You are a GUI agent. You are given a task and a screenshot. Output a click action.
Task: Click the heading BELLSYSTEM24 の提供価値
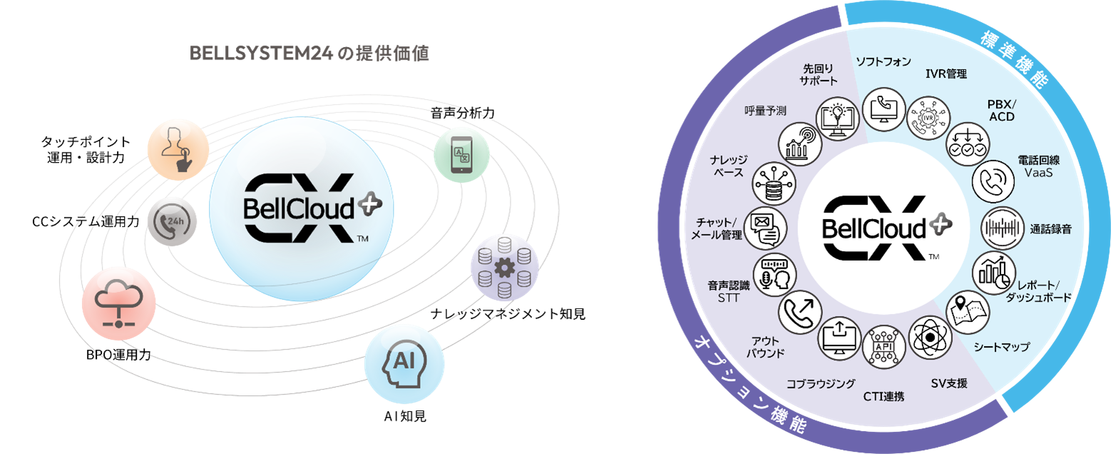(x=309, y=53)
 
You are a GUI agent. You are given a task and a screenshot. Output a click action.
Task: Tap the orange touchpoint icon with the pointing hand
(x=178, y=149)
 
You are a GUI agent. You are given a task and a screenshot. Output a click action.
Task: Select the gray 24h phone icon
(x=172, y=221)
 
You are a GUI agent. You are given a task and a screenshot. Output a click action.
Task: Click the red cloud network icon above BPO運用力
(x=118, y=303)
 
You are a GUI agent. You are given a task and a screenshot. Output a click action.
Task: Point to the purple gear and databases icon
(x=504, y=268)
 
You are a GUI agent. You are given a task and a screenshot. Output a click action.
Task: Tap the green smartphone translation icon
(x=462, y=154)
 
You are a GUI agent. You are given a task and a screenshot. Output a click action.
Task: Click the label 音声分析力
(x=462, y=113)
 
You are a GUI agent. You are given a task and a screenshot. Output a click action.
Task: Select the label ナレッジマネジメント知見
(x=508, y=314)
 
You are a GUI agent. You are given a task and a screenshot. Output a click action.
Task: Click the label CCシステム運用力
(x=86, y=221)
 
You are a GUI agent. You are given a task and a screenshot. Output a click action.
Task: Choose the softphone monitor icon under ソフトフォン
(x=884, y=109)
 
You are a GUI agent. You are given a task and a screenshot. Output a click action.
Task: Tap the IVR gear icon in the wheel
(x=928, y=118)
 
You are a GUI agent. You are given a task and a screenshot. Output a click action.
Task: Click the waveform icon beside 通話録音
(x=1003, y=228)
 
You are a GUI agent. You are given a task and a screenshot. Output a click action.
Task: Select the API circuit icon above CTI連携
(x=884, y=347)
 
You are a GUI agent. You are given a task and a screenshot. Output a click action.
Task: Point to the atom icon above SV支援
(x=930, y=337)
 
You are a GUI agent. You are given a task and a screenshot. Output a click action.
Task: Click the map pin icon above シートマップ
(x=968, y=313)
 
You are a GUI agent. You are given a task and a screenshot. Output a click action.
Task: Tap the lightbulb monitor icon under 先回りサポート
(x=838, y=118)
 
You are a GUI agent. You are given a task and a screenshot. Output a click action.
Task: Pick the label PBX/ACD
(x=1002, y=111)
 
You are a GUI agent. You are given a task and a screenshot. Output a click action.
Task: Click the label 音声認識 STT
(x=729, y=291)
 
